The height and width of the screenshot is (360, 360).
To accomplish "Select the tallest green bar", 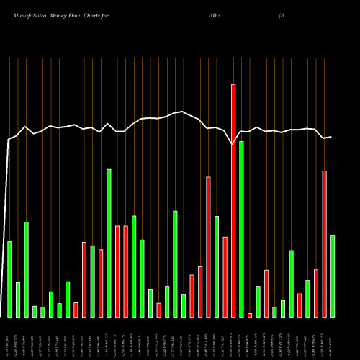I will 241,229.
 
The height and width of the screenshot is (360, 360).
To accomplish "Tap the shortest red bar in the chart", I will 250,315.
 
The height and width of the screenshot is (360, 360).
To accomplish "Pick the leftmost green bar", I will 10,279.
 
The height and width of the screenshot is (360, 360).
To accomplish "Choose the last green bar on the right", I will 333,276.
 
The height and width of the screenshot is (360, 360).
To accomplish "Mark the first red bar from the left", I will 76,310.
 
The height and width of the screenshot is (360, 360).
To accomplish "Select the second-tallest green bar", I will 109,243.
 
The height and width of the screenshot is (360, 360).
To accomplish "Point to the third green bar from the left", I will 27,269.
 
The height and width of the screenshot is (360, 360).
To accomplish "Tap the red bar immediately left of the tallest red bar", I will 225,276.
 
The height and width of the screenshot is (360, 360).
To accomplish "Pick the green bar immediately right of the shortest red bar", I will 258,302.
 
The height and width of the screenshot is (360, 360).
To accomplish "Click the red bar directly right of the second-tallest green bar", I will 117,271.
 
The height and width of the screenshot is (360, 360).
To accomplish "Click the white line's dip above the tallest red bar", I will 233,144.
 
